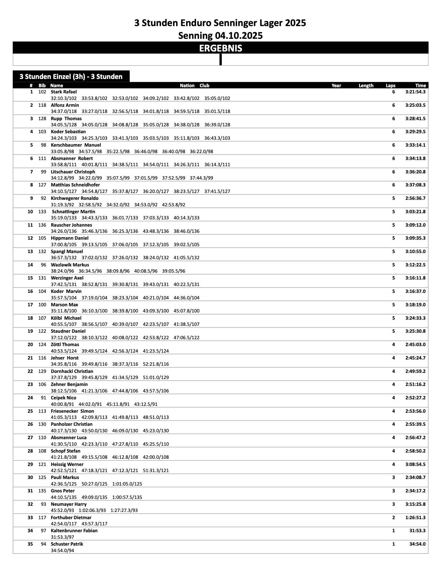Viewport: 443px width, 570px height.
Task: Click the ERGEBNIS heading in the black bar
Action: tap(220, 48)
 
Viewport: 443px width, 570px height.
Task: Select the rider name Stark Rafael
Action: tap(64, 92)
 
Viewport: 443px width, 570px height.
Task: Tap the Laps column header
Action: tap(390, 85)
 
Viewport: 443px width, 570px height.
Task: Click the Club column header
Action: tap(204, 85)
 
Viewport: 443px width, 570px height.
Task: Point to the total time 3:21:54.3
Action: tap(415, 92)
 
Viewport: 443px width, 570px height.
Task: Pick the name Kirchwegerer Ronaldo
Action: tap(74, 198)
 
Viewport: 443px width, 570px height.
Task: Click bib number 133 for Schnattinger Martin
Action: tap(42, 212)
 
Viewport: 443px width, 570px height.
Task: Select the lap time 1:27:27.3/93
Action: tap(124, 511)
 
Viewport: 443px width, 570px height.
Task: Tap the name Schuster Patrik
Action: tap(67, 544)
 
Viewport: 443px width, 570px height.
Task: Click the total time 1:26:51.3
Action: tap(415, 518)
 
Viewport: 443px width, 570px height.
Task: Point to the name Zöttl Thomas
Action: tap(65, 345)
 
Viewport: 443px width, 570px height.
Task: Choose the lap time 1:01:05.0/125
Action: tap(127, 484)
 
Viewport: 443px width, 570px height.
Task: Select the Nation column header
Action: tap(187, 85)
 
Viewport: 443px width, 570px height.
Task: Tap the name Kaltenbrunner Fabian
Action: tap(74, 531)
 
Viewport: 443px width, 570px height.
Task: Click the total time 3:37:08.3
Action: tap(415, 185)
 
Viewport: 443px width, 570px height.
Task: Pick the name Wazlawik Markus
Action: tap(70, 265)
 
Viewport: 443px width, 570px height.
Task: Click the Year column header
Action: tap(336, 85)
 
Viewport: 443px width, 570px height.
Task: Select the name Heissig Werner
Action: tap(67, 465)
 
